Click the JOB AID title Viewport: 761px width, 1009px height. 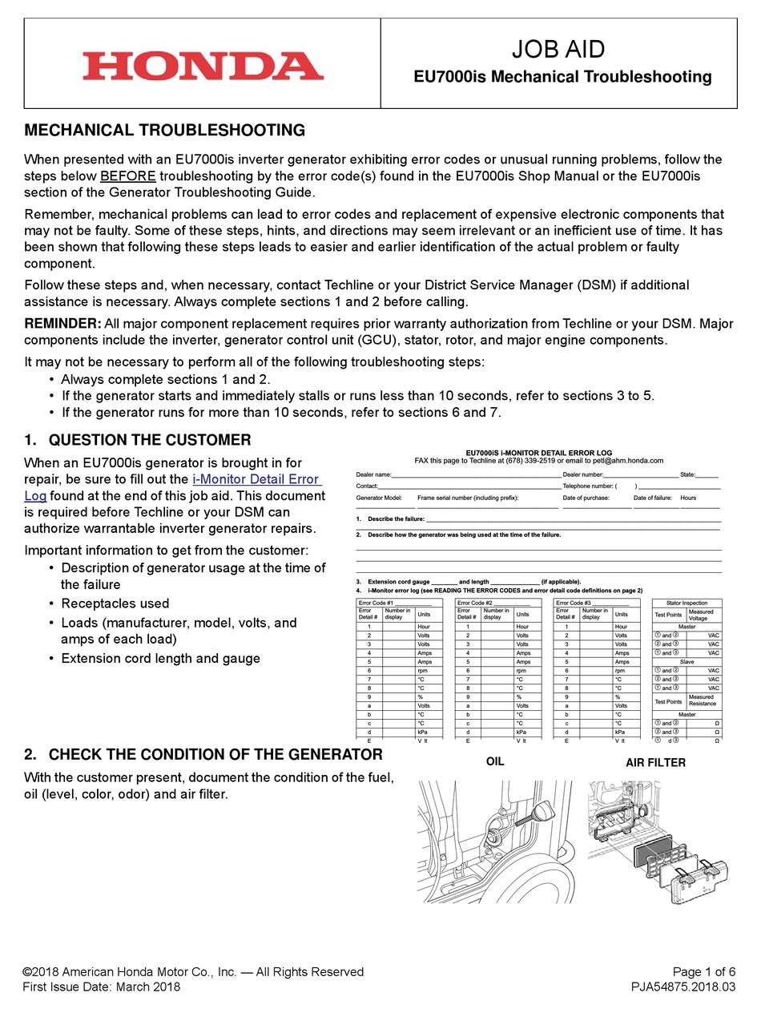coord(558,50)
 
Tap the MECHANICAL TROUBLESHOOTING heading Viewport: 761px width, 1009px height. coord(165,130)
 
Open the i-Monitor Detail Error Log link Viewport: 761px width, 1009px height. coord(256,479)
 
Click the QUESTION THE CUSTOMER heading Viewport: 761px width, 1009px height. coord(149,440)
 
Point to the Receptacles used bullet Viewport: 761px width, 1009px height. coord(115,603)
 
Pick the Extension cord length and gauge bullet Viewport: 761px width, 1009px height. coord(160,658)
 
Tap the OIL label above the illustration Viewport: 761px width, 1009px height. coord(495,761)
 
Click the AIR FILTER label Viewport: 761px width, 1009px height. coord(655,763)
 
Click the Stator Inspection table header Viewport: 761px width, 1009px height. coord(687,603)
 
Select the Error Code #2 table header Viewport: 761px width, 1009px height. coord(492,603)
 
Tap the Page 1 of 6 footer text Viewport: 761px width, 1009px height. coord(703,971)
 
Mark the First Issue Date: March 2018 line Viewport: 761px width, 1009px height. coord(102,987)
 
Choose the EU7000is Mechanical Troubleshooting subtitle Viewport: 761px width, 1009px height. coord(562,77)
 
